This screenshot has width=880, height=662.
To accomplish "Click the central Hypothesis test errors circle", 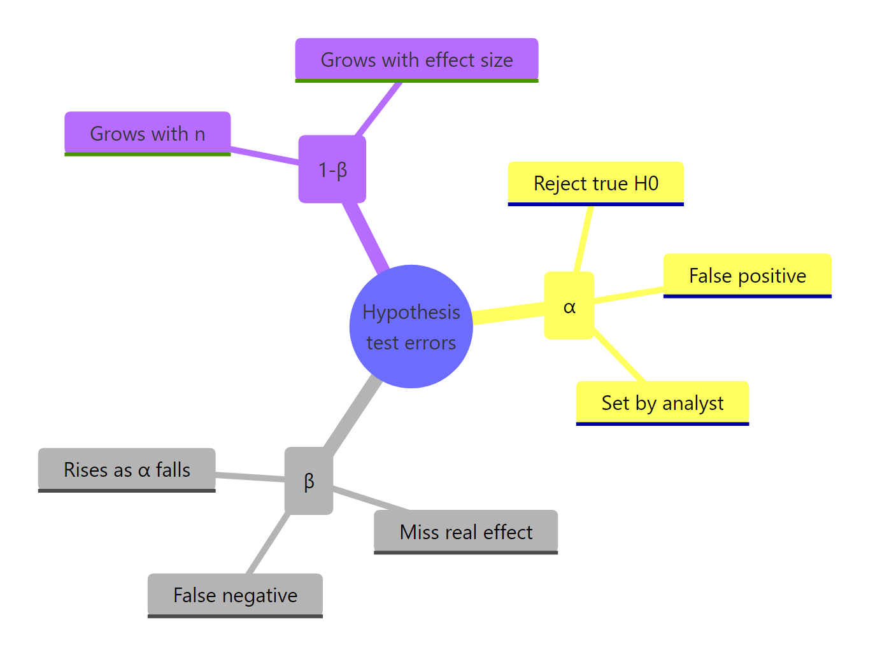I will (411, 326).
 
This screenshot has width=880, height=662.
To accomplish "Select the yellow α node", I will (569, 306).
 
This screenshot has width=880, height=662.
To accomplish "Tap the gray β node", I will (309, 481).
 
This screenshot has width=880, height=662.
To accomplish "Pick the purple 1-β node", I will (332, 169).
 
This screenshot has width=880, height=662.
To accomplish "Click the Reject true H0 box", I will (595, 183).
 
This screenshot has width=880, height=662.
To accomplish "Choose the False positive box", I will (747, 276).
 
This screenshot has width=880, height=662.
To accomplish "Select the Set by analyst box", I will (662, 403).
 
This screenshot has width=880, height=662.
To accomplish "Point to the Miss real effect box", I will (465, 532).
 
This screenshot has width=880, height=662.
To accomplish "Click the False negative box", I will (235, 595).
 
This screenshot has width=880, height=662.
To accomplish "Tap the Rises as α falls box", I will (127, 470).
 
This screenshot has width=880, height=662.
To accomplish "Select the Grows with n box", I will (147, 134).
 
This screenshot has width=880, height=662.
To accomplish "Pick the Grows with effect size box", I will (416, 60).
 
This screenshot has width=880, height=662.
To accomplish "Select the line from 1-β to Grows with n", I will (264, 157).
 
